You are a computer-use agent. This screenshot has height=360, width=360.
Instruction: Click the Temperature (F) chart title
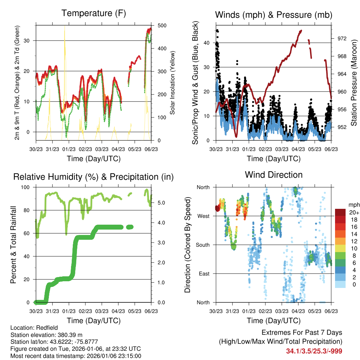(x=94, y=13)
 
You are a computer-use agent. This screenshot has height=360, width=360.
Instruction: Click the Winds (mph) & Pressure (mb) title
(x=274, y=15)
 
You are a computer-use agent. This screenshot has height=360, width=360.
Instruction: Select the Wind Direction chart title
(x=274, y=174)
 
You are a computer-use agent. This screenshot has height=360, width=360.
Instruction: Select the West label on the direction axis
(x=203, y=216)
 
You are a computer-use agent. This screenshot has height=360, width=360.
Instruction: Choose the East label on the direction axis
(x=204, y=274)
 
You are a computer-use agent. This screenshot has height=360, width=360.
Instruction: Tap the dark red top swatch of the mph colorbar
(x=341, y=212)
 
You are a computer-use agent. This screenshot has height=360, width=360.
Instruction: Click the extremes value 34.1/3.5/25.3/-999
(x=314, y=351)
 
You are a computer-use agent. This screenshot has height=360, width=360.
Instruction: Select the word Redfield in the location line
(x=45, y=328)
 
